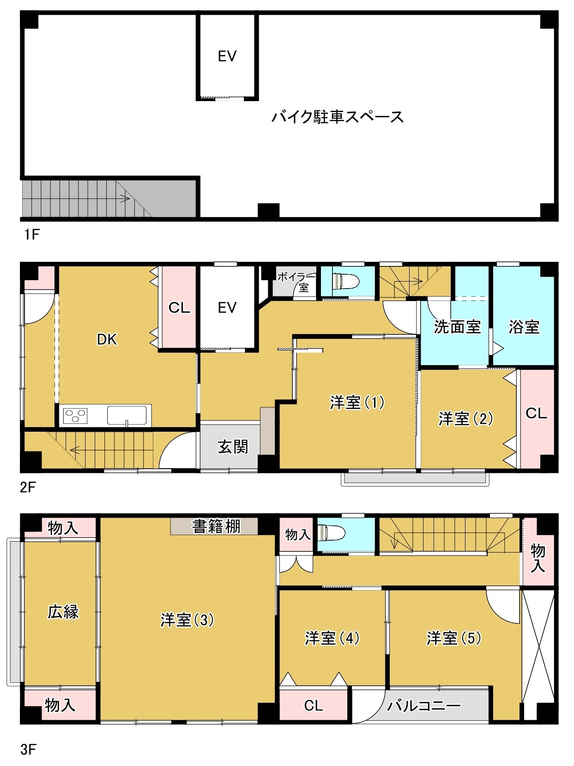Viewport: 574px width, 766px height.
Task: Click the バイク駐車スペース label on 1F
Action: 338,117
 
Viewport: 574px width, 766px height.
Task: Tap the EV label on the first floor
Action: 227,56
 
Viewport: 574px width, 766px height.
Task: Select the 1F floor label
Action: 32,235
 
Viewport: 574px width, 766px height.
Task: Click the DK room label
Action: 107,340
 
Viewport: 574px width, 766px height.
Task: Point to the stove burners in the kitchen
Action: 75,415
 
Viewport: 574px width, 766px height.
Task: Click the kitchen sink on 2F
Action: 127,415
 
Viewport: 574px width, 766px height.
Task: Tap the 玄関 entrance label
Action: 233,446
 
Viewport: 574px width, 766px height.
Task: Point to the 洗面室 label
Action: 457,327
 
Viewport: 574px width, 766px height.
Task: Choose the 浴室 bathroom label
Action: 524,327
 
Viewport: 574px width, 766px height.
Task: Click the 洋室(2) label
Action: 465,418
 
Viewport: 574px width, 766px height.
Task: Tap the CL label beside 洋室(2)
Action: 536,413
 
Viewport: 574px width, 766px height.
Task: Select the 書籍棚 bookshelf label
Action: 216,526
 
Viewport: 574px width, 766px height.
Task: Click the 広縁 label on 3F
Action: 63,612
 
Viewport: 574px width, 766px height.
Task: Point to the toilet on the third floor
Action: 331,533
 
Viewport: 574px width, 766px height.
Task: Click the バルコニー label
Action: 423,706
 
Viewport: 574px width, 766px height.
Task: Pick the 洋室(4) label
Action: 332,638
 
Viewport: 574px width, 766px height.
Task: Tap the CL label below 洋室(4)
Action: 314,705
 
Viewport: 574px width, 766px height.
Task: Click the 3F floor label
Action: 28,749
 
